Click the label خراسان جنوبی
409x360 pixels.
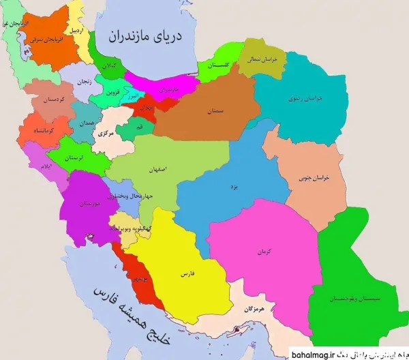click(314, 178)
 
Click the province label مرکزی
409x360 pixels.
click(106, 133)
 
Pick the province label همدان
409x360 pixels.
click(86, 123)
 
